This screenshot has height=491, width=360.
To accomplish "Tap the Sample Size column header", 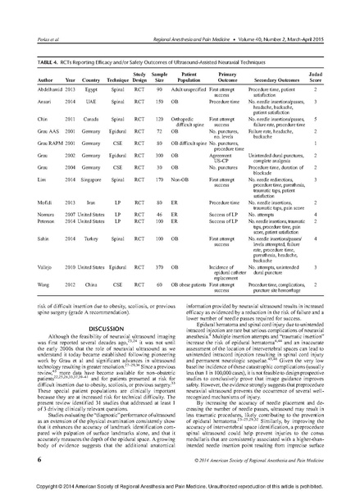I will (x=162, y=76).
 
